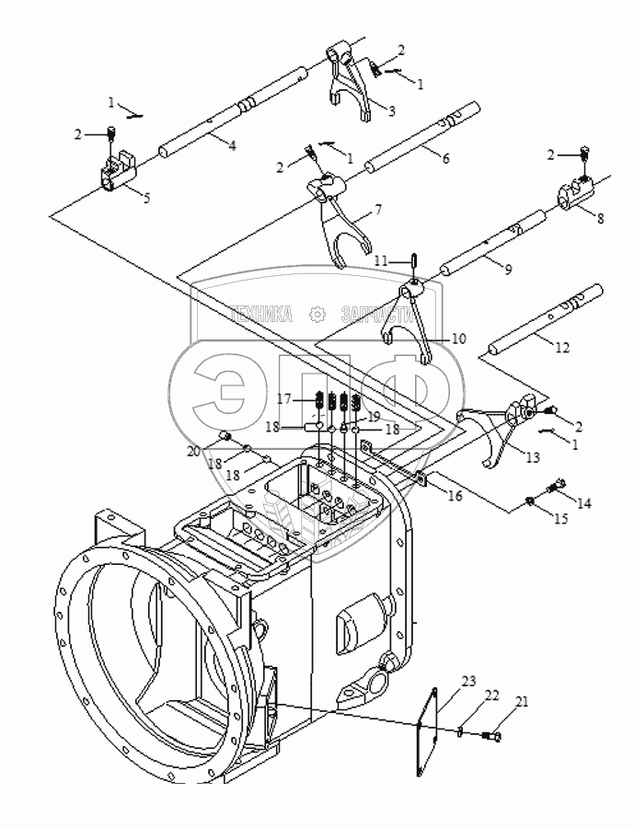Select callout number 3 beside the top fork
click(x=391, y=111)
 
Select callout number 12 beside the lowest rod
click(x=562, y=347)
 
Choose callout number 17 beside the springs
click(x=285, y=398)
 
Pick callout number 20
click(x=192, y=451)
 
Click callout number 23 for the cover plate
click(x=468, y=683)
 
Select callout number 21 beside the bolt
click(x=523, y=702)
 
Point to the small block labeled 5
click(x=115, y=172)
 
